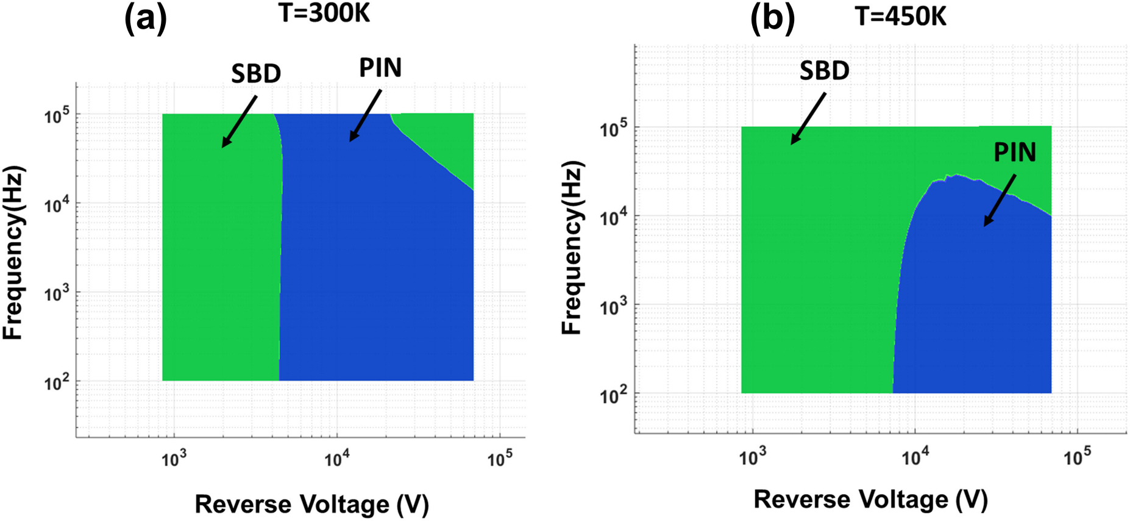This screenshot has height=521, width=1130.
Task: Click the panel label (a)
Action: click(145, 18)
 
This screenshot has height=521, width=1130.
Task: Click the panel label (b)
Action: click(772, 18)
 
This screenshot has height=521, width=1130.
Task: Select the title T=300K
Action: click(324, 13)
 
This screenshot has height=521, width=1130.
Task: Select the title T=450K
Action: click(900, 16)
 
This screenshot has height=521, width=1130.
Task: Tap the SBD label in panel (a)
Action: click(256, 74)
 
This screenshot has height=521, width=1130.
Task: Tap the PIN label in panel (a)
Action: click(380, 68)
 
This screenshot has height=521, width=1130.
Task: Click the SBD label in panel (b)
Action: click(824, 71)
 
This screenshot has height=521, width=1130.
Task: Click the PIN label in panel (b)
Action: click(1015, 153)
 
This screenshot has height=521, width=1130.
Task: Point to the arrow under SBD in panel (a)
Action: click(239, 121)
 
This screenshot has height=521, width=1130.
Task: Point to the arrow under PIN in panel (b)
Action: click(1000, 200)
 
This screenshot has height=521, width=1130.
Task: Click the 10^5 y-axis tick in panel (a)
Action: click(57, 115)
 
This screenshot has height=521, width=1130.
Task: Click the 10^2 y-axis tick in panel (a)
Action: click(57, 383)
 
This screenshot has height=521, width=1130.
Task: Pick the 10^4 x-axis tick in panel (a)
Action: click(336, 459)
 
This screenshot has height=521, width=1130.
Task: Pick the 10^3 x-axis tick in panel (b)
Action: click(752, 457)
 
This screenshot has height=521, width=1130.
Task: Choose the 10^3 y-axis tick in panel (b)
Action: click(613, 306)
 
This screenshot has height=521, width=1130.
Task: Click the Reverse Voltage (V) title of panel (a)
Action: click(311, 505)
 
